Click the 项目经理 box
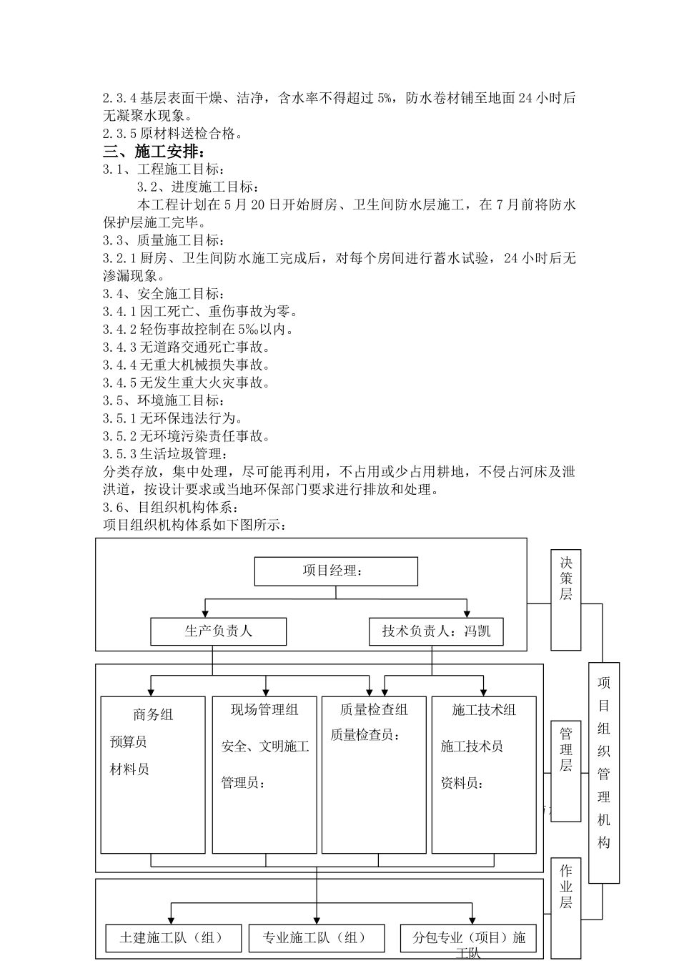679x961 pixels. click(336, 571)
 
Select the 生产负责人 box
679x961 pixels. click(218, 631)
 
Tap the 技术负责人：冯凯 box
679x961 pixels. click(436, 631)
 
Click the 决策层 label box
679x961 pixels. click(565, 600)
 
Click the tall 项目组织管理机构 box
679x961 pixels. click(604, 773)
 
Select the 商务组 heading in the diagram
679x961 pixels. click(153, 714)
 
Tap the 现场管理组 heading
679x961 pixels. click(264, 710)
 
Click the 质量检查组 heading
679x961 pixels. click(374, 710)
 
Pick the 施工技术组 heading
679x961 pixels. click(484, 710)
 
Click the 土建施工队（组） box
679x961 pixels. click(172, 938)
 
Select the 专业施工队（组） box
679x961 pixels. click(316, 938)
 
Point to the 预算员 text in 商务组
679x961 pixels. click(129, 742)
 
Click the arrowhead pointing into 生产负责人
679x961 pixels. click(205, 614)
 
